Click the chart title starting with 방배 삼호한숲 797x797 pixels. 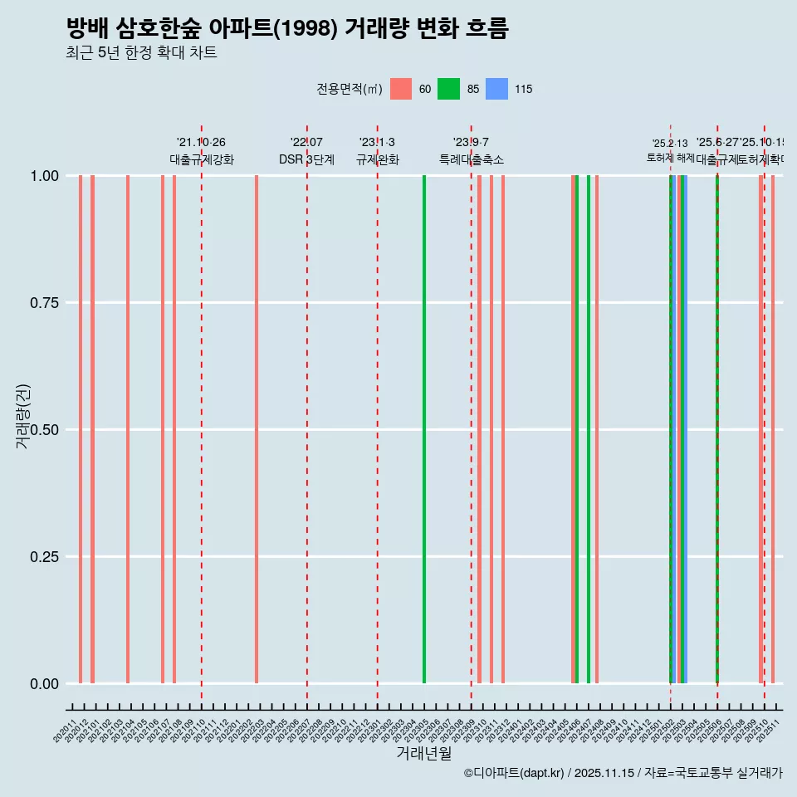[286, 28]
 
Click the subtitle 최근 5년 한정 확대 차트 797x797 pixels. [141, 53]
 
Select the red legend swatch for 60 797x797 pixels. [401, 89]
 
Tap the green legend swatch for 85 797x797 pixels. [448, 89]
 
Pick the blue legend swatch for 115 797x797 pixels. [496, 89]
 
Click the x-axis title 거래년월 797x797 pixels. [423, 753]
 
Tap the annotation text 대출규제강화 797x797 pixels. [202, 159]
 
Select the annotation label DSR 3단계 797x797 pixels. [306, 159]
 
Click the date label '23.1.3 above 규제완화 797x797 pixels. [377, 143]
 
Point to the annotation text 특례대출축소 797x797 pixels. [472, 159]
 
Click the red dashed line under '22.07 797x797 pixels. [307, 415]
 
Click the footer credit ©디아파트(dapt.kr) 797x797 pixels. [514, 773]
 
